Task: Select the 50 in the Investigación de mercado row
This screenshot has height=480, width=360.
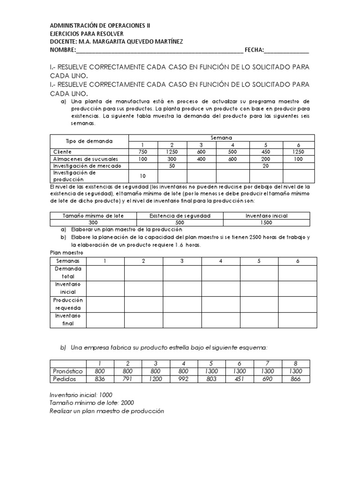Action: [x=172, y=166]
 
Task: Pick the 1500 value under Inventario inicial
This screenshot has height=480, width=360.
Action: [x=267, y=223]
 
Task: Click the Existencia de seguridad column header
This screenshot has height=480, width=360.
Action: [x=180, y=216]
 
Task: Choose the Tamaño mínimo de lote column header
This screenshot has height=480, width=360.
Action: [x=93, y=216]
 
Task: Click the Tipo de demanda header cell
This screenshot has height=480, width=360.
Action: [x=89, y=141]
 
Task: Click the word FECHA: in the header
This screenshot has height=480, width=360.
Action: [x=251, y=50]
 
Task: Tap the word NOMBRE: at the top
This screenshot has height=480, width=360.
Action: [x=63, y=50]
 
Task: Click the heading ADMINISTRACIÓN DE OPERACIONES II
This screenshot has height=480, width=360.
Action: [x=100, y=26]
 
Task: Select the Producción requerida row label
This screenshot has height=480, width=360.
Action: [x=68, y=304]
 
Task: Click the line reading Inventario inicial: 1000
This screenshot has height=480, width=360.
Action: [x=81, y=395]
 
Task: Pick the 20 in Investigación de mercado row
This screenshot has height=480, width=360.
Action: [x=266, y=166]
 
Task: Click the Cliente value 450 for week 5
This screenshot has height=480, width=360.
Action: [x=266, y=152]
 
